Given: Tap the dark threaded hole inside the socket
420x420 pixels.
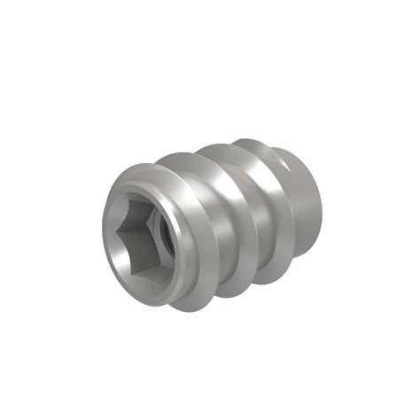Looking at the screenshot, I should (153, 233).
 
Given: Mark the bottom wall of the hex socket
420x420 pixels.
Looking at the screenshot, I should (133, 268).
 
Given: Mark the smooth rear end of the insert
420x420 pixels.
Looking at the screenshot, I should (306, 204).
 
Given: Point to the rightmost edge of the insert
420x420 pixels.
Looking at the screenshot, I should (322, 208).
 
